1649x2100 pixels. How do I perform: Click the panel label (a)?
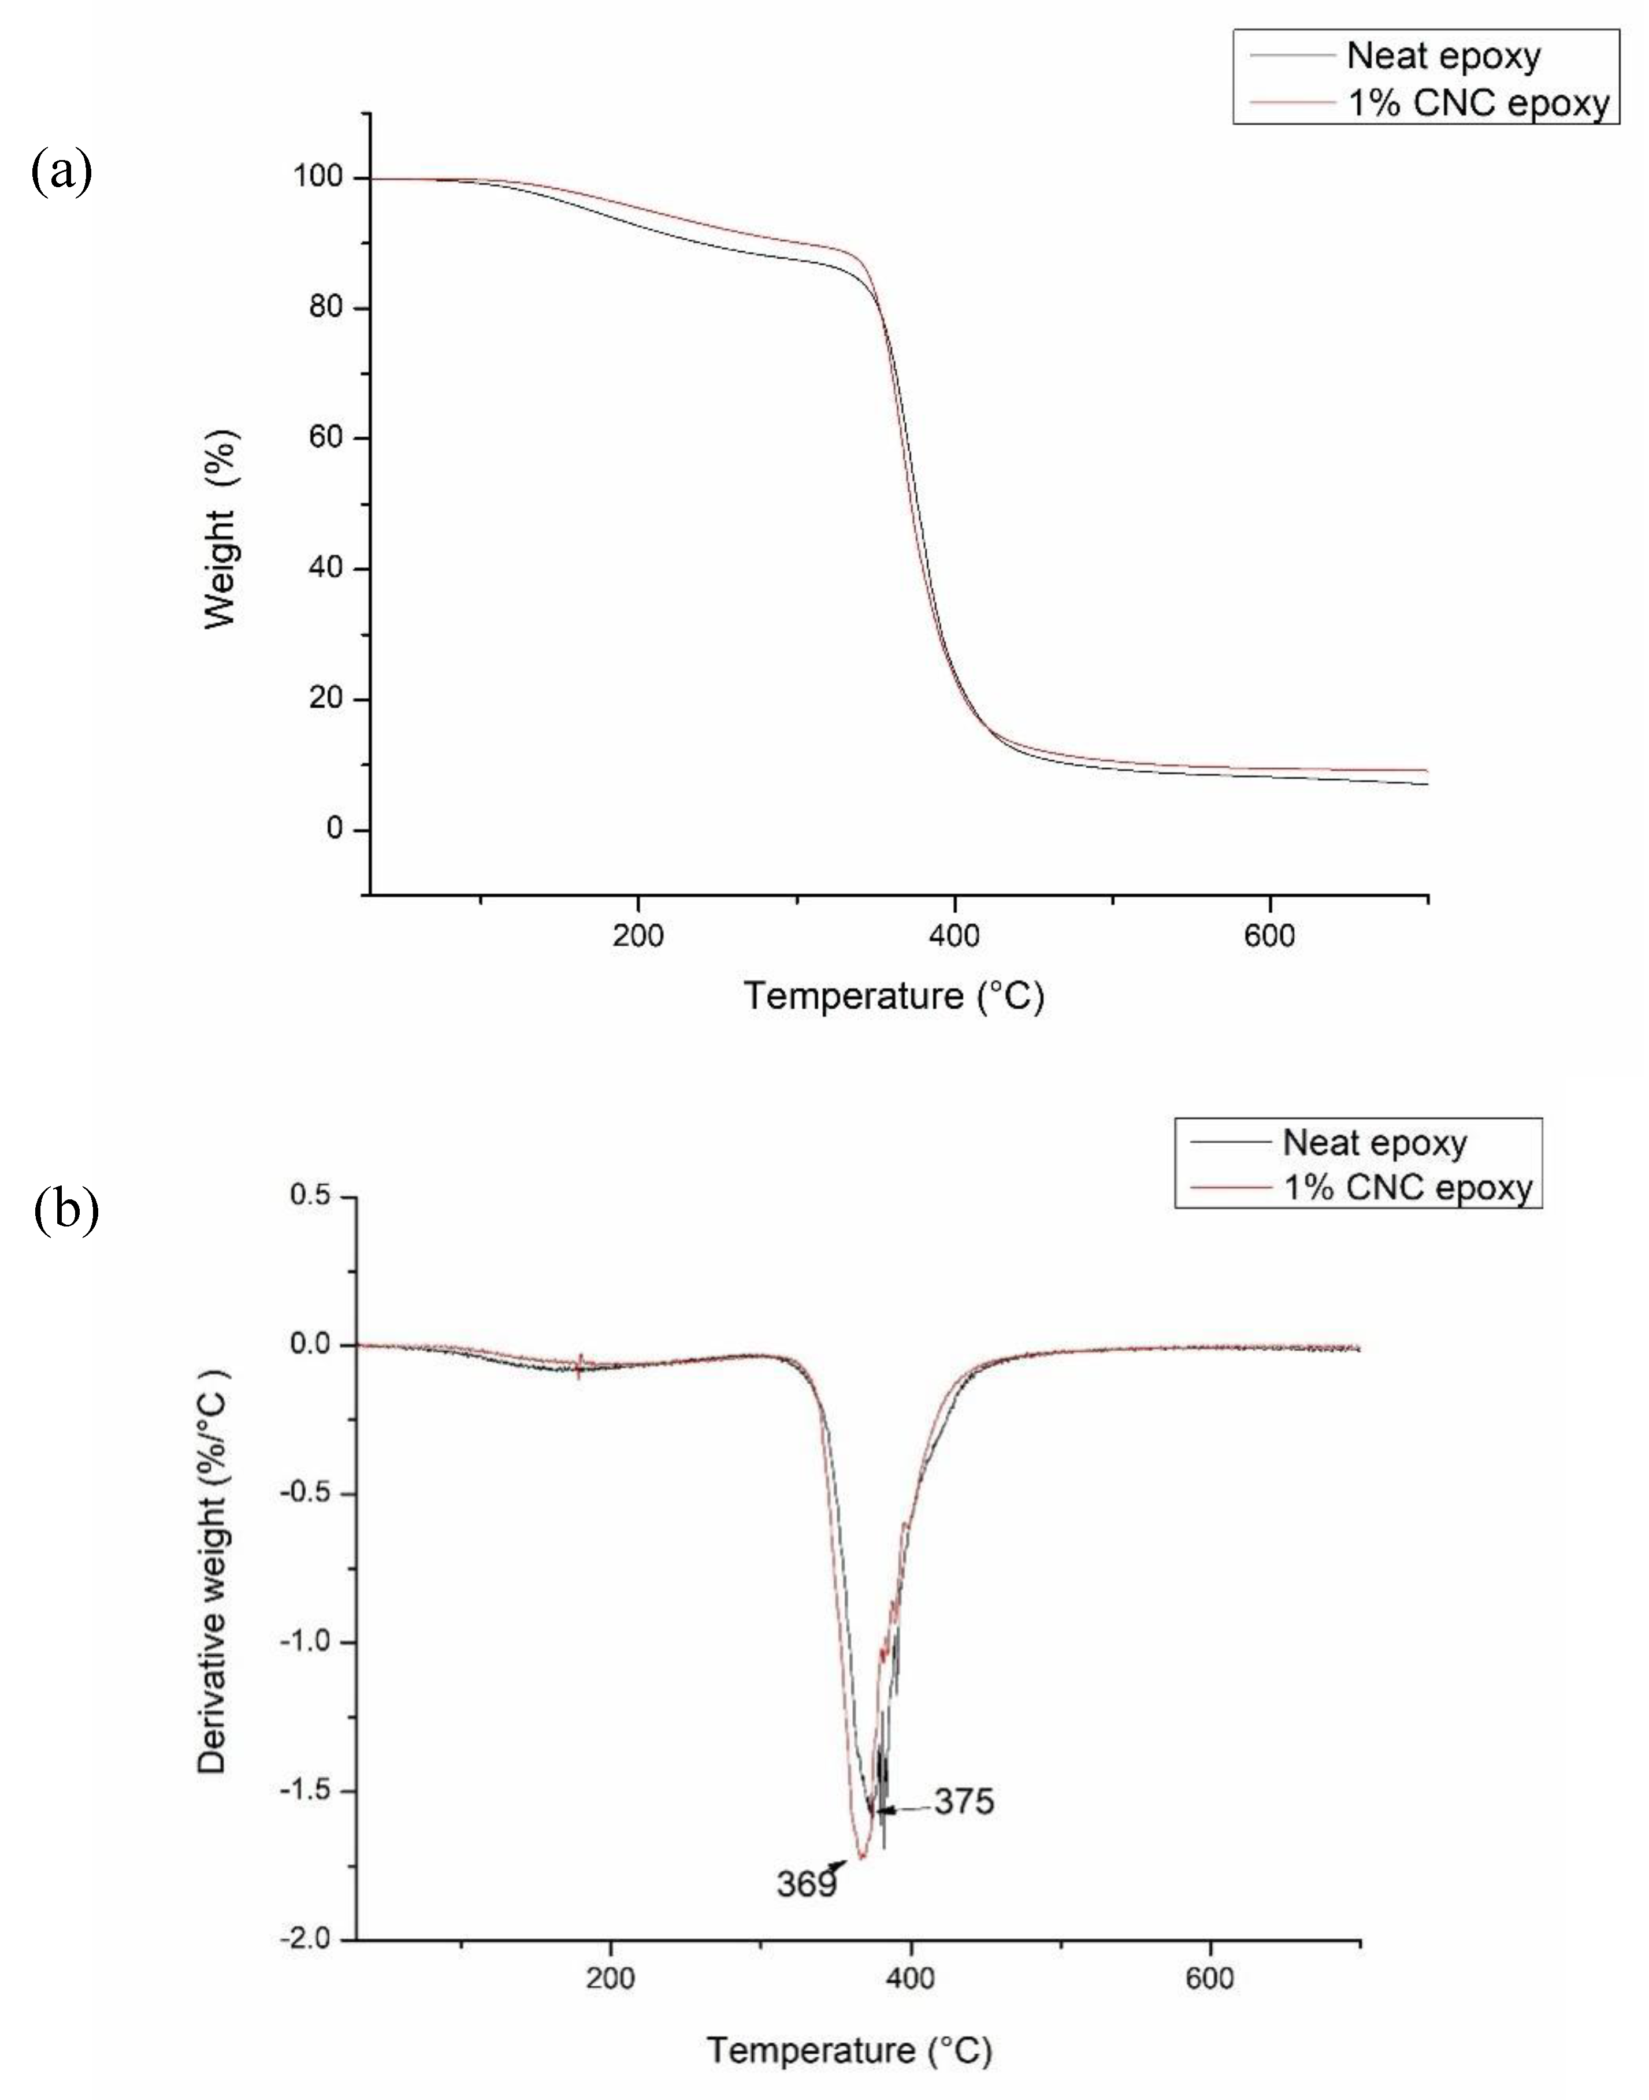[x=62, y=174]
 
